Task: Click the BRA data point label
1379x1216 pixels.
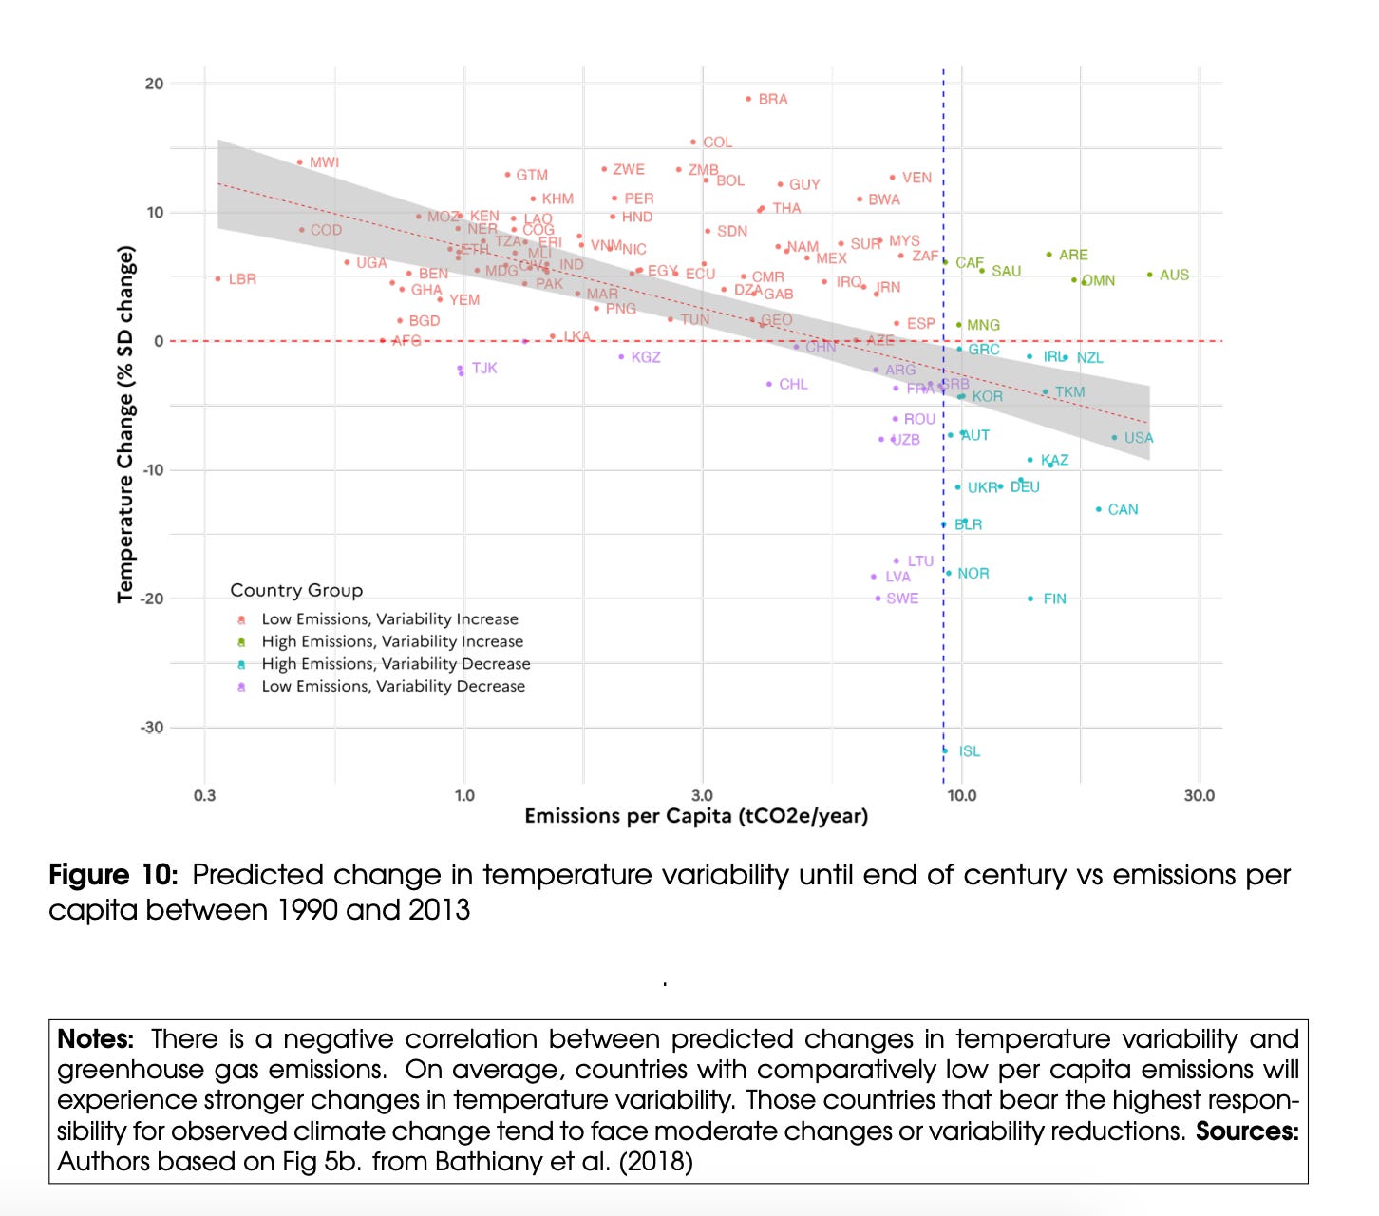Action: click(772, 99)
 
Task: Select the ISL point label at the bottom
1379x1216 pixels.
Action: click(969, 750)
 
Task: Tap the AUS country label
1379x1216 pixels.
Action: click(1174, 275)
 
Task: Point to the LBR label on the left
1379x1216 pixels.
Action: click(242, 279)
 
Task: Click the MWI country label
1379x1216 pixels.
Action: click(324, 162)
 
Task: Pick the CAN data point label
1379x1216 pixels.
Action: click(1123, 509)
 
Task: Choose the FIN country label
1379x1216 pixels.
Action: click(1054, 598)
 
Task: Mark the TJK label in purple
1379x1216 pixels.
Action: click(484, 368)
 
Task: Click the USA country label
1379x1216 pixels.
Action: click(1138, 438)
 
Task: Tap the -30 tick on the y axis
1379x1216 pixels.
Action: click(152, 728)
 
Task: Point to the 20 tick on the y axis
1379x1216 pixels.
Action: click(154, 84)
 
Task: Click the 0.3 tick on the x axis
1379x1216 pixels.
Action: click(204, 795)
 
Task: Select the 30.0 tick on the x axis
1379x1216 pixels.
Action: click(1199, 795)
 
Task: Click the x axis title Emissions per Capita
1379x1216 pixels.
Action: click(696, 816)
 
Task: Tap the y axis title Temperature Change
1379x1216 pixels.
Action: click(125, 424)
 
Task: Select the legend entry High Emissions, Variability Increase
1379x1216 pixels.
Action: click(392, 641)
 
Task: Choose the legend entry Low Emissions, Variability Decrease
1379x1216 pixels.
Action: click(393, 686)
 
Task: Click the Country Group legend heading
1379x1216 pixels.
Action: click(296, 590)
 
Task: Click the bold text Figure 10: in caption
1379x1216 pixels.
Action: click(113, 875)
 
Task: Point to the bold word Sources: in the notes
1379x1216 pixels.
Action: click(1246, 1130)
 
